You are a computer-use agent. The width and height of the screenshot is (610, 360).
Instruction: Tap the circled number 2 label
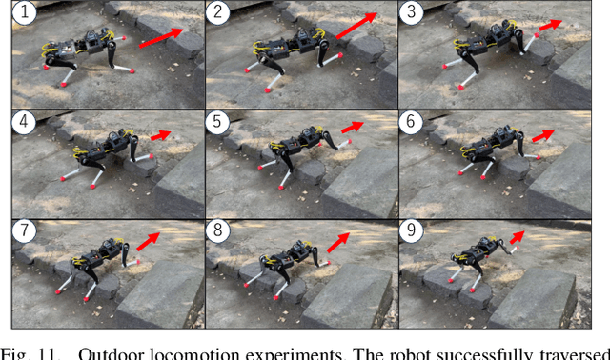[220, 13]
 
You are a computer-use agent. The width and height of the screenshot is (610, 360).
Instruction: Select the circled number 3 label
[413, 13]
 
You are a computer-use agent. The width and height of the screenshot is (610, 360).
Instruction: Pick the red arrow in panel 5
[352, 128]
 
